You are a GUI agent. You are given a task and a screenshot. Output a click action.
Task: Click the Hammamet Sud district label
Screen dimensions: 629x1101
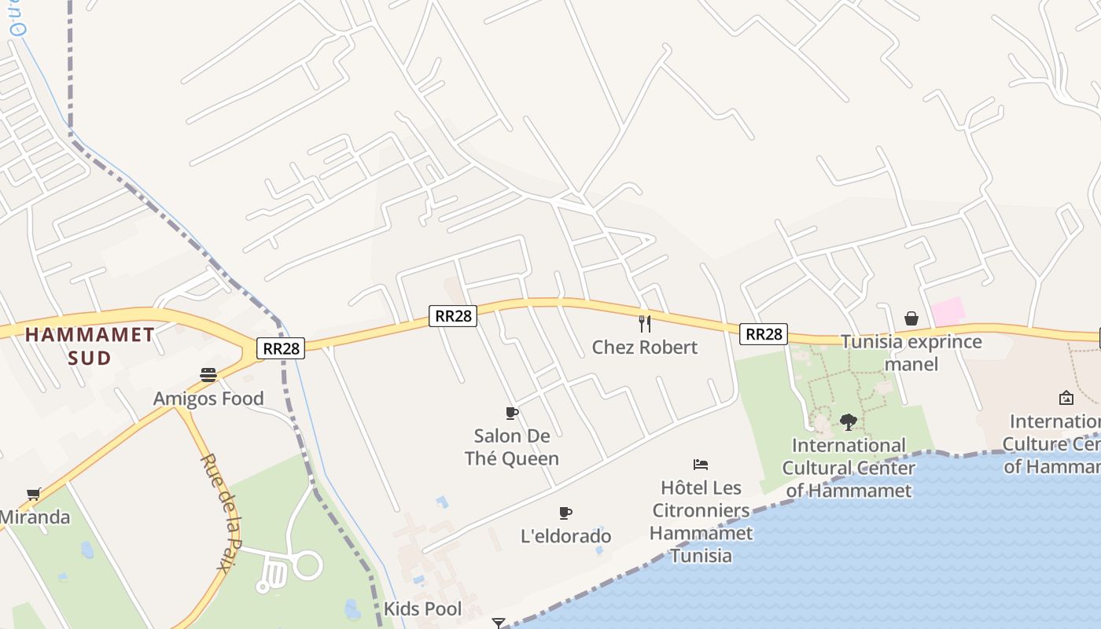(89, 346)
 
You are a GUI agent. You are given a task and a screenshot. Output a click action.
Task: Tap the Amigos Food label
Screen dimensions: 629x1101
(208, 399)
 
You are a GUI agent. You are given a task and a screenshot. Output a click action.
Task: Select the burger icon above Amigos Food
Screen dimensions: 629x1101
(208, 375)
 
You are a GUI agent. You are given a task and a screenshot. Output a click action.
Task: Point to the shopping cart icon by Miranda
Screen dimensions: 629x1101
(33, 494)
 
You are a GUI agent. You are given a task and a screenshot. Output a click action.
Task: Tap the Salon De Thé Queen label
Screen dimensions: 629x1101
(512, 447)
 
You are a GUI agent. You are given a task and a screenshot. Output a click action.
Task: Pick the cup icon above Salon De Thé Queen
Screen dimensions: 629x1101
(512, 413)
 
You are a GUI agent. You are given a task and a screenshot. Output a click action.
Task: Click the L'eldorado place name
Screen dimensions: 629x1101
(566, 536)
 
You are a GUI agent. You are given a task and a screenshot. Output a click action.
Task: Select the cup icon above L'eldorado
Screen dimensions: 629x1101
(565, 513)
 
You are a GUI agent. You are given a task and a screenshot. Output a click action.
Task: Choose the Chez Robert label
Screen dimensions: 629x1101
(645, 347)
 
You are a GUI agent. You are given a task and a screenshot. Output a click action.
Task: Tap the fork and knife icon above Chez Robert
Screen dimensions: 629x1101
(645, 323)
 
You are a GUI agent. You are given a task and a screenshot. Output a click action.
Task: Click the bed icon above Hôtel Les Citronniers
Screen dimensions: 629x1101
(701, 465)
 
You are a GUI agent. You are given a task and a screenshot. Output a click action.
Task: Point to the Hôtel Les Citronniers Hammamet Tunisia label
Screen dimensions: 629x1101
(701, 521)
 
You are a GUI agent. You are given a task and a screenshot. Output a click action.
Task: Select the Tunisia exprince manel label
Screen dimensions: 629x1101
(911, 352)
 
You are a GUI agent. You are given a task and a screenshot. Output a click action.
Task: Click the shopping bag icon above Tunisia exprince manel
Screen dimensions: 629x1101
(911, 318)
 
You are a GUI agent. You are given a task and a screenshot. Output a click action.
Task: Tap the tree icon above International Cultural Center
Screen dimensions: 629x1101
(848, 422)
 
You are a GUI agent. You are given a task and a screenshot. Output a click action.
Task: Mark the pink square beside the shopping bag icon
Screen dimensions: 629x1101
(948, 311)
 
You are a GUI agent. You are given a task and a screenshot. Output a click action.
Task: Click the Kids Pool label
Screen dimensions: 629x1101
(422, 609)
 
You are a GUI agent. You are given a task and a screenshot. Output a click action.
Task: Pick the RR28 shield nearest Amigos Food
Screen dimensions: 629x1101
(281, 348)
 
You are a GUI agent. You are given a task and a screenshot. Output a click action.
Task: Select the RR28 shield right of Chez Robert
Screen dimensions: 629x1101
(763, 334)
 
